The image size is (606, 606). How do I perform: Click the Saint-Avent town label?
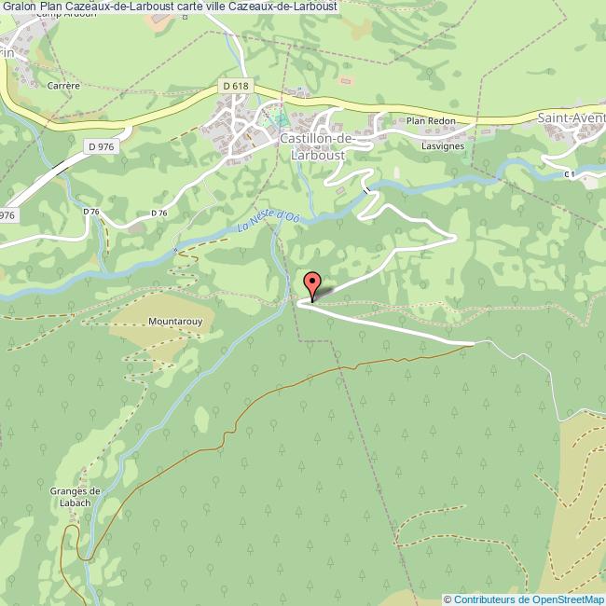click(x=571, y=118)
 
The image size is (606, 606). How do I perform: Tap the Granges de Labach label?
click(x=77, y=497)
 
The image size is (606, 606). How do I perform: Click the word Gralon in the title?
click(x=20, y=7)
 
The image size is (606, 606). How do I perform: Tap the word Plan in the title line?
click(x=52, y=7)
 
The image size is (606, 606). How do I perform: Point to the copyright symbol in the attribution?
click(x=448, y=599)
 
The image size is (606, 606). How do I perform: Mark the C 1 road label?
click(x=570, y=173)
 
